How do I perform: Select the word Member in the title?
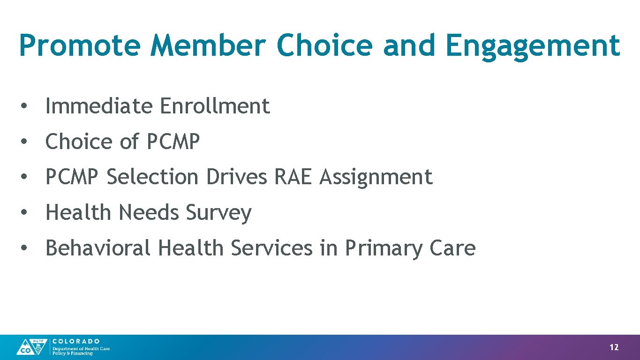(208, 45)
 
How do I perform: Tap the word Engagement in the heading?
(533, 45)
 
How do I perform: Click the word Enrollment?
(215, 106)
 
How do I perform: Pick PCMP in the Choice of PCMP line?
(173, 142)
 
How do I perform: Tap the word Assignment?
(376, 177)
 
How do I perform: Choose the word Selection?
(152, 177)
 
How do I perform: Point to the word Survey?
(218, 213)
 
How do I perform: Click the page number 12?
(614, 347)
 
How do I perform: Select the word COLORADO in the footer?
(76, 341)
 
